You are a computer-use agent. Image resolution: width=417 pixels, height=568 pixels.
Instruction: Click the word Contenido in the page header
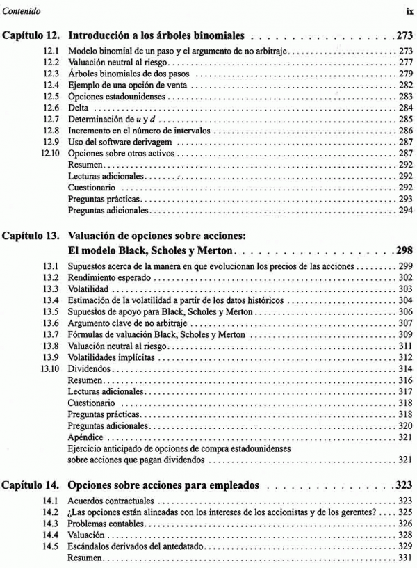point(22,10)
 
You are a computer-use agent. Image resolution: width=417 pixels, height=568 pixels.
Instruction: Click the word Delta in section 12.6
point(78,108)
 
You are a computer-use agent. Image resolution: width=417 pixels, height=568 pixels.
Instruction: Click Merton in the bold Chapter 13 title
point(214,250)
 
